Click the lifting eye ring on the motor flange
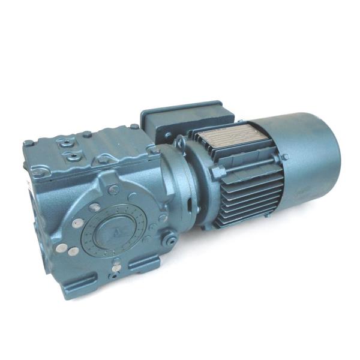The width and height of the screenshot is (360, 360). click(x=179, y=143)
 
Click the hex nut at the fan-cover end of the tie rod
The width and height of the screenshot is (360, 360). click(x=285, y=157)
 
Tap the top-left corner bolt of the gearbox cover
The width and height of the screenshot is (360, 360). click(x=28, y=143)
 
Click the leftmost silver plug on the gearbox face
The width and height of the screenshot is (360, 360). click(x=61, y=247)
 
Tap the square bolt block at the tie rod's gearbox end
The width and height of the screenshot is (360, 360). click(x=217, y=173)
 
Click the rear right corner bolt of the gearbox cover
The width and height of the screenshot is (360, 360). click(x=134, y=127)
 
